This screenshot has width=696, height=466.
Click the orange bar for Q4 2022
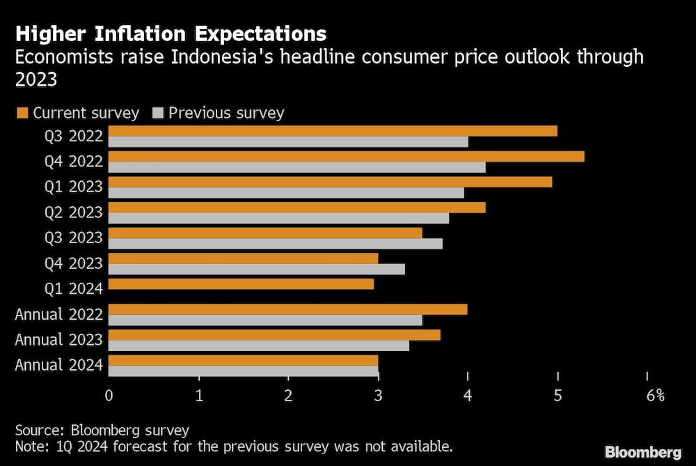[x=347, y=156]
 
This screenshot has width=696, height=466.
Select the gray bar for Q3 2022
[x=288, y=141]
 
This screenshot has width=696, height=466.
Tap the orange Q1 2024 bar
[x=241, y=284]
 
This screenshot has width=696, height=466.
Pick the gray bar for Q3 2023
[x=276, y=243]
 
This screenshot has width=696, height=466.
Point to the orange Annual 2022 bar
[x=287, y=309]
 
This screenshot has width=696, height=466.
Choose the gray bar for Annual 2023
[x=259, y=345]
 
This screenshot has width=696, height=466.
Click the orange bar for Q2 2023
[x=297, y=207]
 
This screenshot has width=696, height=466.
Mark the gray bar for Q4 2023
[x=257, y=269]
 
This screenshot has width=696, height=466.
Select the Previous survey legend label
[x=226, y=113]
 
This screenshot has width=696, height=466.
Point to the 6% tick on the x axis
[x=655, y=396]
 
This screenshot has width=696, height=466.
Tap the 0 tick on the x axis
[x=109, y=396]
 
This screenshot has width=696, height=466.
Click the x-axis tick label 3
[x=378, y=396]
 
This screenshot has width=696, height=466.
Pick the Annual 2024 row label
[x=59, y=364]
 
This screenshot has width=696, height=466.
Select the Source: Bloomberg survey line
[x=102, y=430]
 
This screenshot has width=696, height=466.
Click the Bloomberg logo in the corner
[x=642, y=452]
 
